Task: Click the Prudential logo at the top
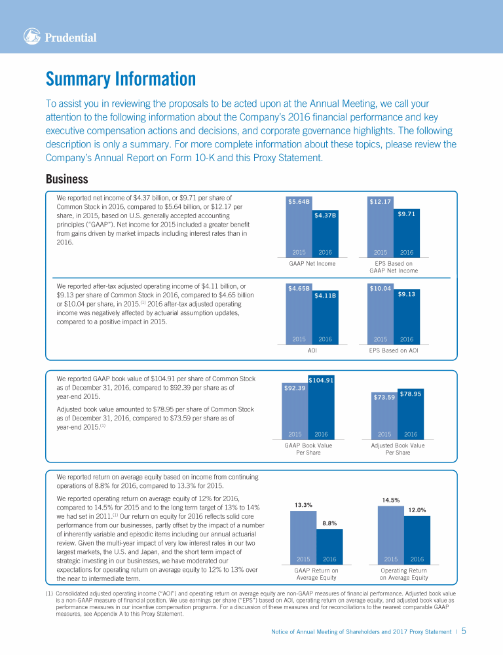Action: pyautogui.click(x=60, y=37)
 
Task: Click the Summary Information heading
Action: pyautogui.click(x=121, y=79)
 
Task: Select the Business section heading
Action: pyautogui.click(x=67, y=179)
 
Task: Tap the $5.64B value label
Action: pyautogui.click(x=299, y=202)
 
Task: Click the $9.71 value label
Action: pyautogui.click(x=407, y=214)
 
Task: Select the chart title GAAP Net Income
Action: pyautogui.click(x=312, y=263)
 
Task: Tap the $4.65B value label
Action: pyautogui.click(x=299, y=288)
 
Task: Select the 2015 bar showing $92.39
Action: pyautogui.click(x=295, y=413)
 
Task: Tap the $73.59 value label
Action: pyautogui.click(x=384, y=397)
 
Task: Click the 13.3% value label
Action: pyautogui.click(x=303, y=504)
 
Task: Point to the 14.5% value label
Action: pyautogui.click(x=391, y=500)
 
